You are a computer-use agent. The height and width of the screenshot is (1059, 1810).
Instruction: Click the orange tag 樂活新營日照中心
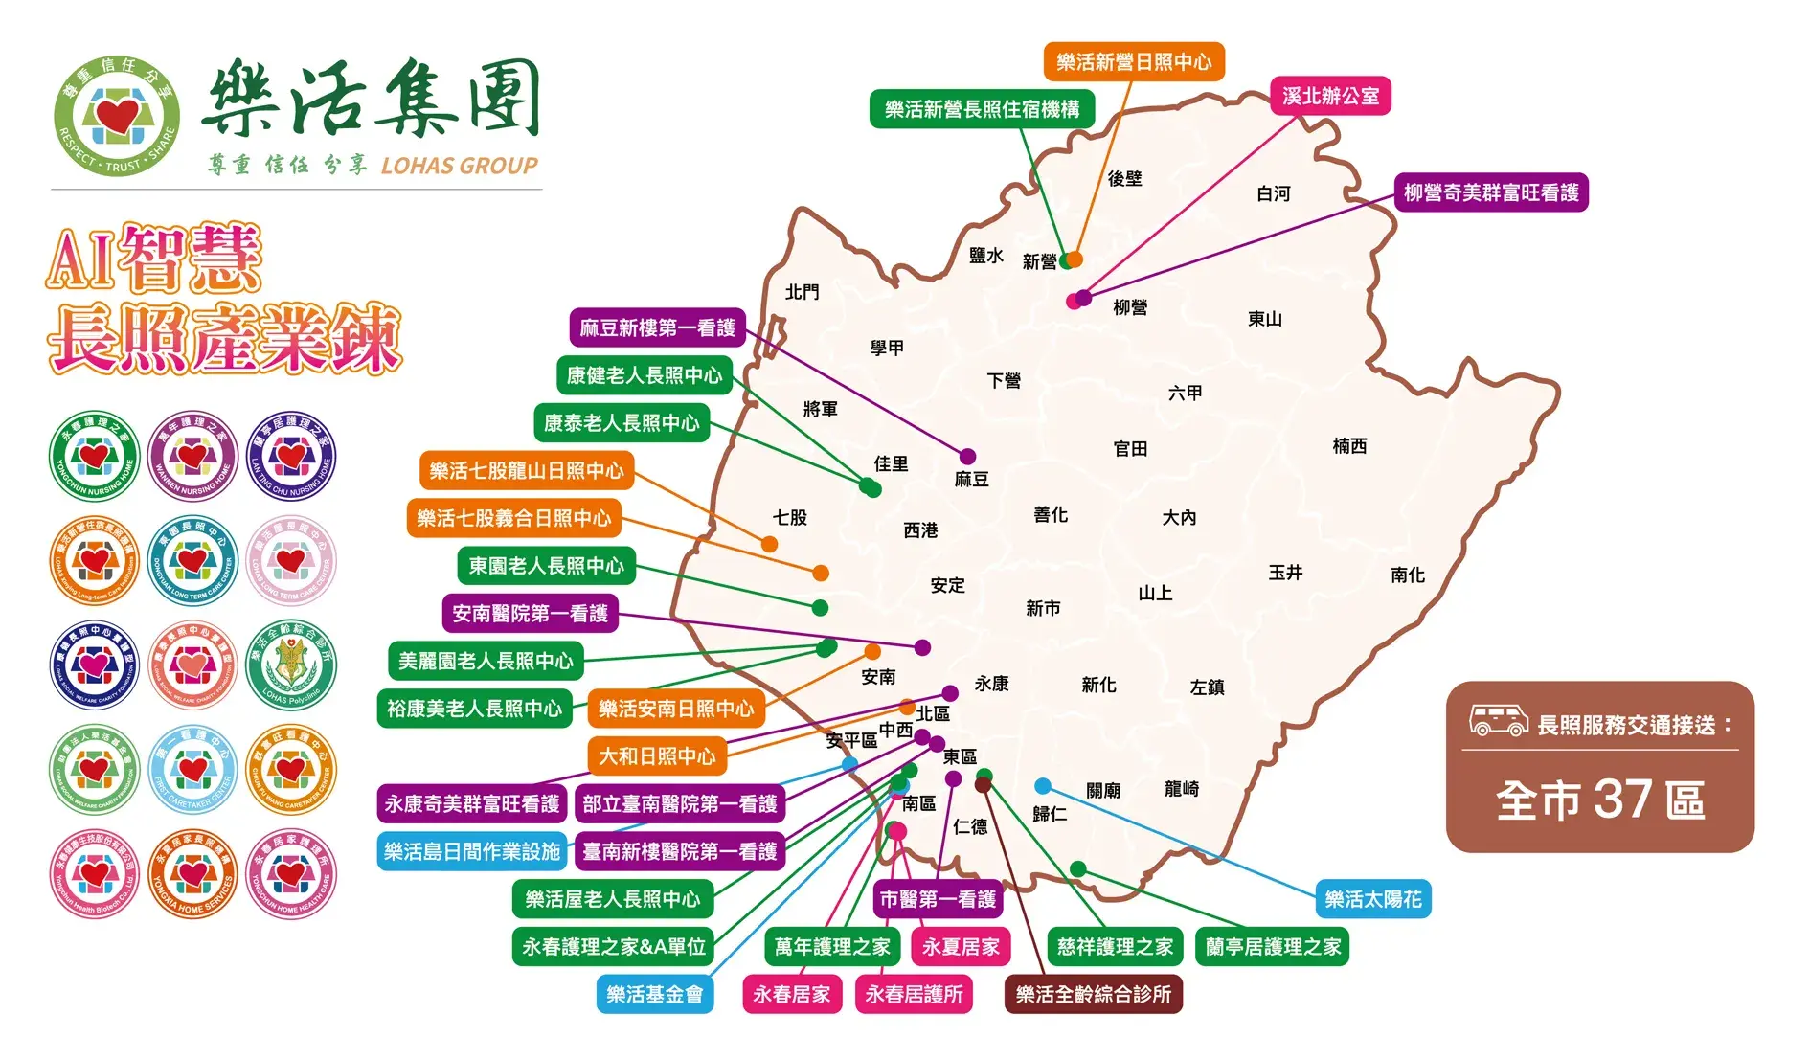(1134, 62)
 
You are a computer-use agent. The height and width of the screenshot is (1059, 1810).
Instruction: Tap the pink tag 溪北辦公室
(1330, 96)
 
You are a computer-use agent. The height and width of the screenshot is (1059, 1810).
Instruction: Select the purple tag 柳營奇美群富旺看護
(1491, 192)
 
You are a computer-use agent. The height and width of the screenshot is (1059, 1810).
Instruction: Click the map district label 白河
(1273, 193)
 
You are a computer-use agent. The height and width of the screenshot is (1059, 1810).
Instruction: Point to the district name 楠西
(1349, 446)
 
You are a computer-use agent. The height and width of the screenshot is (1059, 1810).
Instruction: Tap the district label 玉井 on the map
(1285, 573)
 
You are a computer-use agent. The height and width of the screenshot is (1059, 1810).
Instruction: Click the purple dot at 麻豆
(968, 457)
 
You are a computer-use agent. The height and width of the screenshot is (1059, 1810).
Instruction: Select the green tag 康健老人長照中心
(645, 375)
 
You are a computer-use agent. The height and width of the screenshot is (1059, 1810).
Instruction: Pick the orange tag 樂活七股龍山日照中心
(526, 470)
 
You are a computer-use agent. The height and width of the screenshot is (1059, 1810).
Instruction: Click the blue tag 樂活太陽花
(1372, 899)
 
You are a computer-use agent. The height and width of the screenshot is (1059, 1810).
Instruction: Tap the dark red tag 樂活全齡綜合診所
(1094, 994)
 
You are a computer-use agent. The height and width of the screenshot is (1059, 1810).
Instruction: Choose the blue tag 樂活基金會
(655, 994)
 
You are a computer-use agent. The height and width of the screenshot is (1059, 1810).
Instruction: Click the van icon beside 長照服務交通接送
(1498, 721)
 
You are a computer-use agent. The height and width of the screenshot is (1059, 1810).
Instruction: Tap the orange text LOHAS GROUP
(459, 166)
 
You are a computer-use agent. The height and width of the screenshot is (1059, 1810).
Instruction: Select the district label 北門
(802, 292)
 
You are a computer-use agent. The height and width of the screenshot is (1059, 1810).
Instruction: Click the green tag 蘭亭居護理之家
(1273, 947)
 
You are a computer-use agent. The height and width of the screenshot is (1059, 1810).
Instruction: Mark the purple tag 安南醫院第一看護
(530, 613)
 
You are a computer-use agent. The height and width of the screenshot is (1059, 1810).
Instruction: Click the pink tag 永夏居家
(961, 947)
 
